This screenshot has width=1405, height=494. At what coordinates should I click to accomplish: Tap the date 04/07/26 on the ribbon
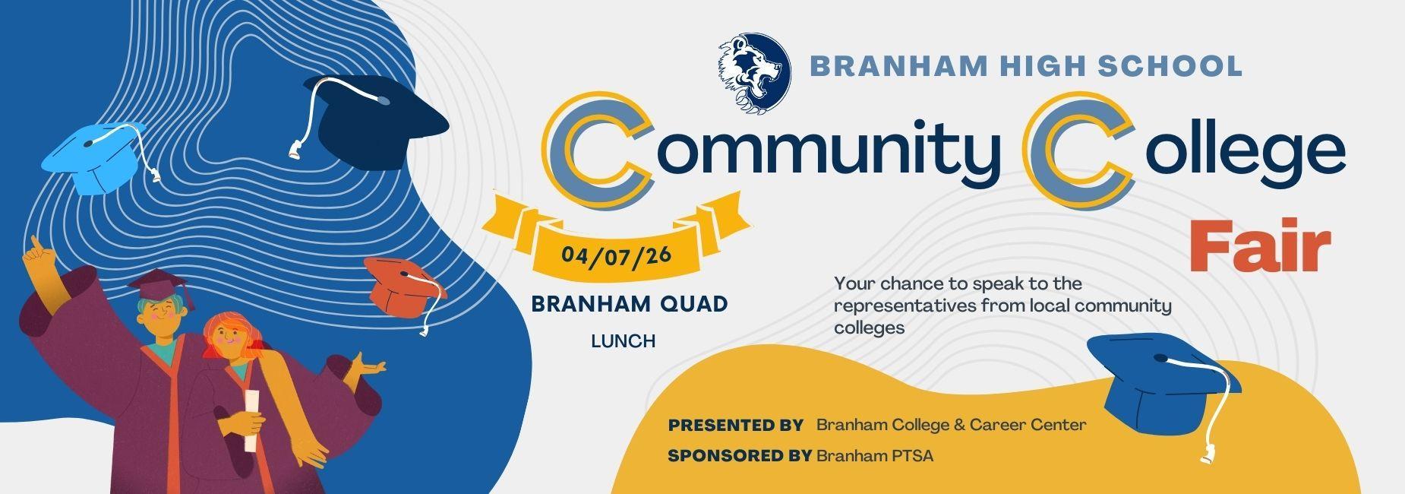coord(616,254)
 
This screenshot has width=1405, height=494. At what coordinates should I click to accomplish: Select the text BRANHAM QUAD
coord(630,304)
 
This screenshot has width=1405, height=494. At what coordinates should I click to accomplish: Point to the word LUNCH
coord(624,341)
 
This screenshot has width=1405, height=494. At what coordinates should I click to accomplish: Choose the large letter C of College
coord(1078,152)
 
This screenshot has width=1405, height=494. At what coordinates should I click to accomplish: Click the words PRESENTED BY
coord(736,426)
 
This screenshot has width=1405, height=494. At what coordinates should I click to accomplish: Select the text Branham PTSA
coord(875,456)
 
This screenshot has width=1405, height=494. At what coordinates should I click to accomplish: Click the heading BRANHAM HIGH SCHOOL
coord(1027,66)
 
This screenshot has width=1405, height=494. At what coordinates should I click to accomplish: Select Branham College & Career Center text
coord(951,425)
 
